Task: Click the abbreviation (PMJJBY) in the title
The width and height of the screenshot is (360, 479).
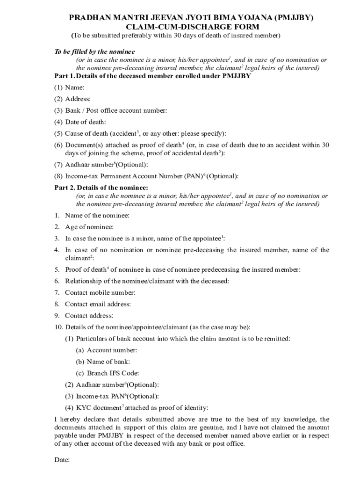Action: coord(287,18)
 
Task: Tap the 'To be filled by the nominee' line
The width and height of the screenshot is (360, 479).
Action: coord(94,52)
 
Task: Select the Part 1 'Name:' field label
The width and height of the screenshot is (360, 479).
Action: coord(75,87)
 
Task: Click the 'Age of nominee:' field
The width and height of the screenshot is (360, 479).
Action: coord(89,227)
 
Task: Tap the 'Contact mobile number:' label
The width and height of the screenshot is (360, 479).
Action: coord(100,293)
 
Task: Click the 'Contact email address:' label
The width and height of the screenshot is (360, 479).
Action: coord(98,304)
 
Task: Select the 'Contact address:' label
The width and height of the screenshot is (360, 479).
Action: coord(89,316)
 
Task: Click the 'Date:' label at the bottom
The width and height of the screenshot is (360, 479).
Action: coord(62,460)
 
